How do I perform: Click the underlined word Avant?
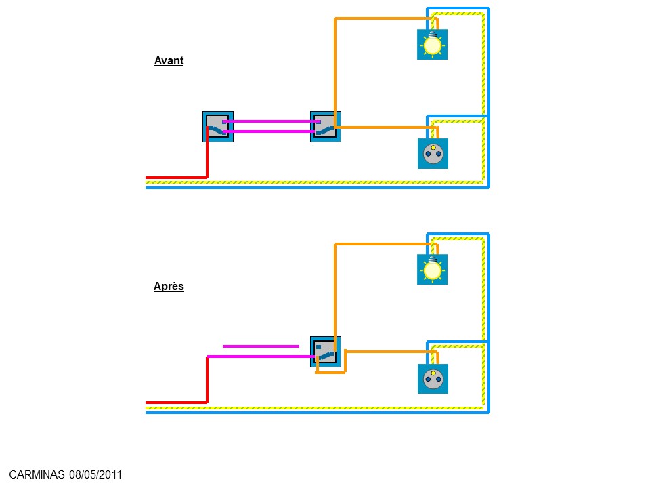click(169, 60)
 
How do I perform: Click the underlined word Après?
click(169, 286)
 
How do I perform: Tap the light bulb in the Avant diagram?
click(433, 45)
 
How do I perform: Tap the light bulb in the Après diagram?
click(433, 270)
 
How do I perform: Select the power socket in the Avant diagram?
click(433, 154)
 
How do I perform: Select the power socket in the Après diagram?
click(433, 379)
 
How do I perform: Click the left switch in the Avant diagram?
click(218, 127)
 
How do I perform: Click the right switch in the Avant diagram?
click(326, 127)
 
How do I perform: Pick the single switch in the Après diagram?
click(326, 352)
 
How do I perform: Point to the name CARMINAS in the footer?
click(37, 474)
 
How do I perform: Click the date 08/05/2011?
click(95, 474)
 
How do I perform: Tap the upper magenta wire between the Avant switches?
click(272, 121)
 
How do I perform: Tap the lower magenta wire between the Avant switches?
click(272, 131)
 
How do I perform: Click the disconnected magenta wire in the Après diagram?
click(261, 346)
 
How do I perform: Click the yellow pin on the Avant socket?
click(433, 148)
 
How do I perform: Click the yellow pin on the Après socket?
click(433, 373)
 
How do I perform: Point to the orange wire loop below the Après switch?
click(330, 373)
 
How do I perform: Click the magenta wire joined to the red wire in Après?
click(262, 357)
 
